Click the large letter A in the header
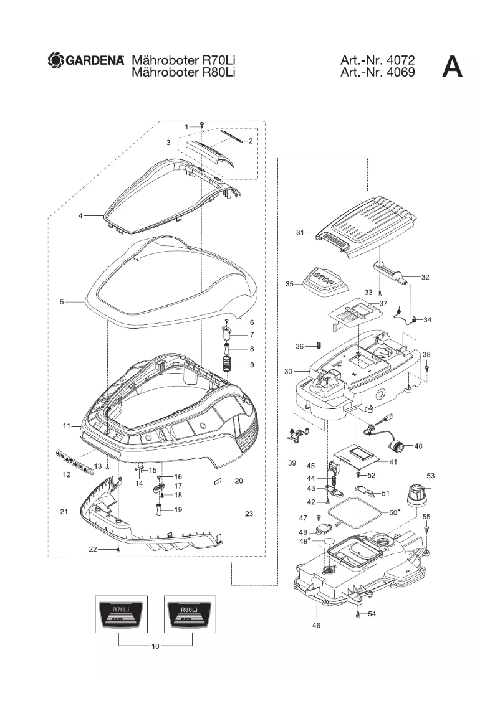pyautogui.click(x=452, y=67)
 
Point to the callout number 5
pyautogui.click(x=62, y=303)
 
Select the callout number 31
pyautogui.click(x=300, y=232)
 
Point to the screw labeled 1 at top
pyautogui.click(x=202, y=126)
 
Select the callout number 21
pyautogui.click(x=64, y=512)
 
